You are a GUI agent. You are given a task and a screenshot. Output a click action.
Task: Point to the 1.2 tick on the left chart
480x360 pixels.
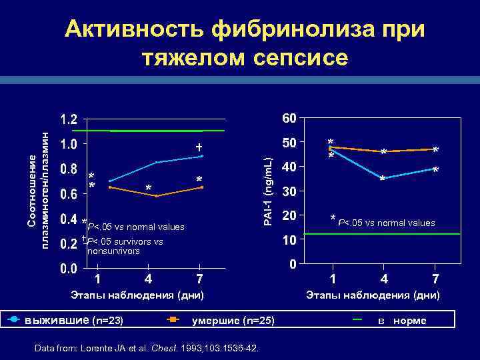pyautogui.click(x=68, y=120)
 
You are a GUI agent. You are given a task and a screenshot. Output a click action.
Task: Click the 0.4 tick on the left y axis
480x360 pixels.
pyautogui.click(x=68, y=219)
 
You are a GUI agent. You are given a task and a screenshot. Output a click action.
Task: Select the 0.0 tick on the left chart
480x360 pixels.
pyautogui.click(x=68, y=269)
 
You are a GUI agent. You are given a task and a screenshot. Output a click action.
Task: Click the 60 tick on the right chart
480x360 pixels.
pyautogui.click(x=289, y=119)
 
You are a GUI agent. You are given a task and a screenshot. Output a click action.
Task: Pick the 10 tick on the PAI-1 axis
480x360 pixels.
pyautogui.click(x=289, y=240)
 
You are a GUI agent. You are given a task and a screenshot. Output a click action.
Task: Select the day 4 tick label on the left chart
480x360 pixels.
pyautogui.click(x=148, y=279)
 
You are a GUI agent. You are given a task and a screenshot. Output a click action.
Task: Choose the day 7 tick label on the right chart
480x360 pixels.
pyautogui.click(x=435, y=278)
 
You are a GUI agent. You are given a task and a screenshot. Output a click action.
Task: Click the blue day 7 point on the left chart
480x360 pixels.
pyautogui.click(x=201, y=156)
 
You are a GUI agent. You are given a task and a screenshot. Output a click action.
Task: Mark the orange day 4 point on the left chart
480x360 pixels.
pyautogui.click(x=155, y=196)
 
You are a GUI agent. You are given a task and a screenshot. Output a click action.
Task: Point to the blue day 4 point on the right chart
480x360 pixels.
pyautogui.click(x=383, y=178)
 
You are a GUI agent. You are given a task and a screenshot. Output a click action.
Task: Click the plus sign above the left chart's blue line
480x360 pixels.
pyautogui.click(x=199, y=146)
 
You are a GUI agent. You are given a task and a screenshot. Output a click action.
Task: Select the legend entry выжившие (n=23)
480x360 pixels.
pyautogui.click(x=73, y=321)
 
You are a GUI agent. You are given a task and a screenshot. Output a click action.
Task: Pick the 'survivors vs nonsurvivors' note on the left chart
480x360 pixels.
pyautogui.click(x=124, y=246)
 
